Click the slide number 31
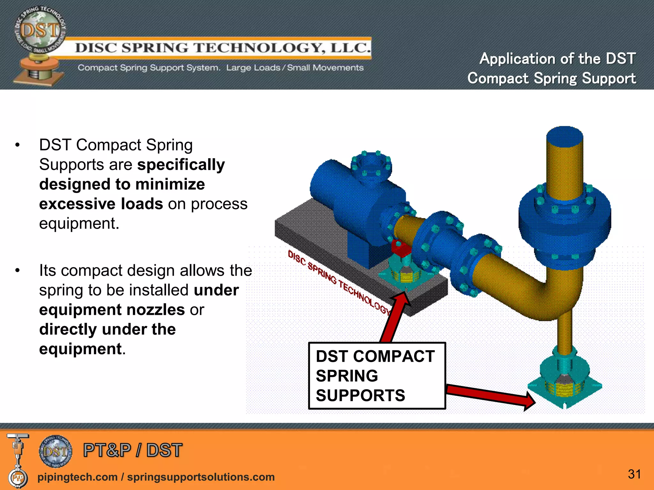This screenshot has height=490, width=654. pos(634,474)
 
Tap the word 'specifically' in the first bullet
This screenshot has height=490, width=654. pos(181,165)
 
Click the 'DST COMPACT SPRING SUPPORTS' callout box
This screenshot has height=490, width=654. pos(377,376)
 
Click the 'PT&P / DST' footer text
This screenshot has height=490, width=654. pos(133,450)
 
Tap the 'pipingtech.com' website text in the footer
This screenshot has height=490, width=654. pos(78,477)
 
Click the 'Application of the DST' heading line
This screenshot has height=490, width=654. pos(558,59)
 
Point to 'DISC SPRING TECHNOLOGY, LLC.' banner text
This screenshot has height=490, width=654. pos(223,48)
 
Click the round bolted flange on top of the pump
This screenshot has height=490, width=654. pos(371,167)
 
